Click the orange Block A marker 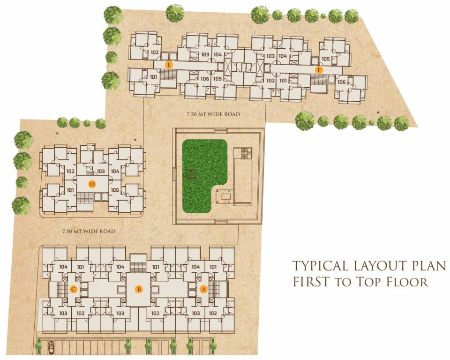(x=203, y=289)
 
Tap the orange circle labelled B (x=139, y=289)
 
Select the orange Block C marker (x=73, y=289)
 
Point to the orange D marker (x=92, y=184)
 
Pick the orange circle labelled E (x=169, y=64)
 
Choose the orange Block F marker (x=319, y=70)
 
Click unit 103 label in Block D (x=101, y=172)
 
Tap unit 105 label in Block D (x=115, y=190)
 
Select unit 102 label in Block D (x=71, y=172)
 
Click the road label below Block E (x=213, y=114)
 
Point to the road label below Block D (x=89, y=231)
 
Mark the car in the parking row (x=51, y=348)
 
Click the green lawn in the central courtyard (x=202, y=169)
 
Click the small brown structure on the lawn (x=191, y=174)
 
